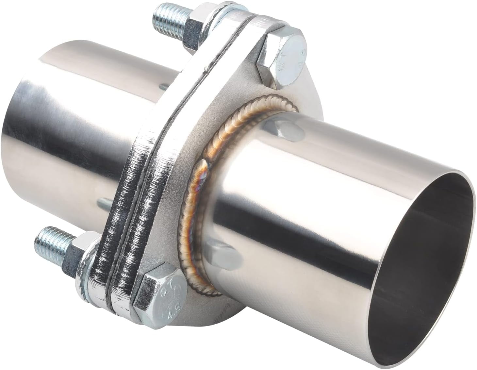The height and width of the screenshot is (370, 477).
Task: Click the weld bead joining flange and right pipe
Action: click(x=196, y=196)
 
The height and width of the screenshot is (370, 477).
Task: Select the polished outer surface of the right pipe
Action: click(x=294, y=196)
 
